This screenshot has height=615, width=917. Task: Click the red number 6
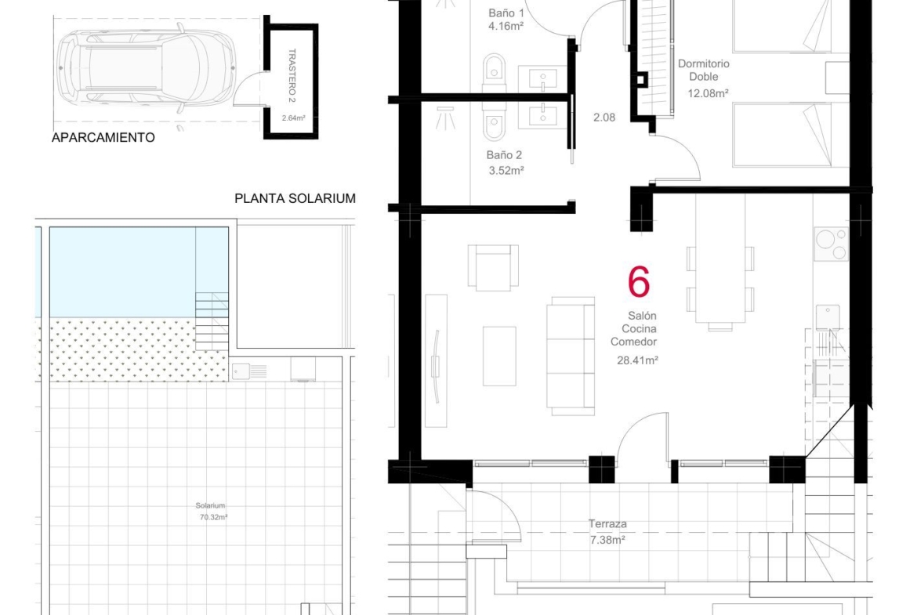(639, 281)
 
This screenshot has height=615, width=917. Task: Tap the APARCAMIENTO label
(103, 137)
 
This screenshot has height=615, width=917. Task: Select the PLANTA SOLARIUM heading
(295, 198)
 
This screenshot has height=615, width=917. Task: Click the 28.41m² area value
(637, 360)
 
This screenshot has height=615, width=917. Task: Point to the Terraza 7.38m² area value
(607, 540)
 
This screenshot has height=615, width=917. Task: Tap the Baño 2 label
(504, 155)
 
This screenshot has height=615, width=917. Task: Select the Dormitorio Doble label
(704, 71)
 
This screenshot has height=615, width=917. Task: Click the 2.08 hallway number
(604, 118)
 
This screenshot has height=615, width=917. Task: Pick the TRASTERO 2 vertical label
(292, 75)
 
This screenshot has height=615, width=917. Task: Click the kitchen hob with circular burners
(831, 243)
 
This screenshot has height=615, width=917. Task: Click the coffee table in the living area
(499, 356)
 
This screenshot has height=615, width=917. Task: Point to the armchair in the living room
(493, 267)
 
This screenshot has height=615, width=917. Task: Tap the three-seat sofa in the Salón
(571, 356)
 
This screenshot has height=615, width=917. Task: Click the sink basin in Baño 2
(543, 116)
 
